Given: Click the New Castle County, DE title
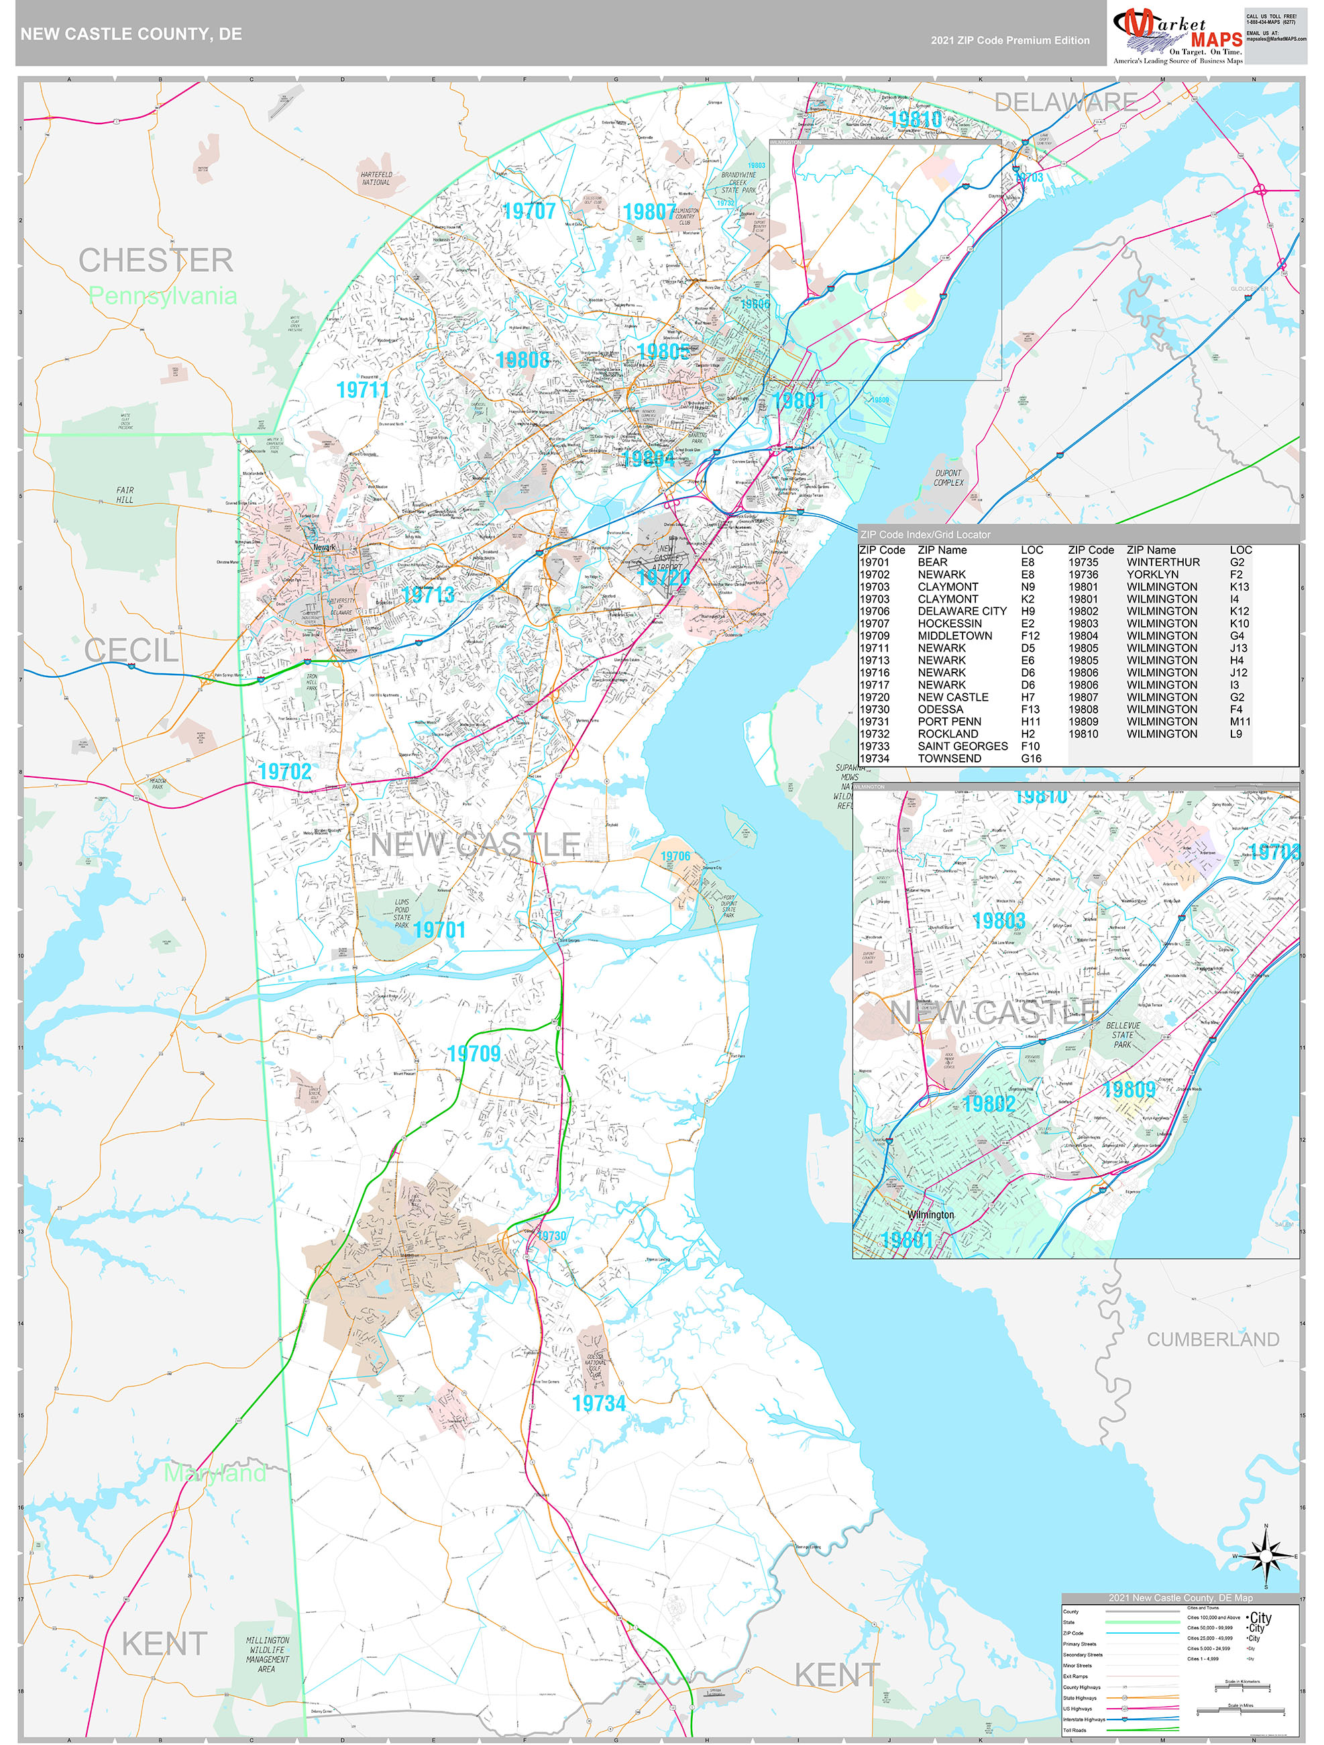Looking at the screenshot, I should pyautogui.click(x=131, y=35).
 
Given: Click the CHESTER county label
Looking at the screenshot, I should pyautogui.click(x=156, y=261).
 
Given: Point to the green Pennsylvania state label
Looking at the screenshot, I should pyautogui.click(x=162, y=296).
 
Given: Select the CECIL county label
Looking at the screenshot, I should pyautogui.click(x=131, y=651).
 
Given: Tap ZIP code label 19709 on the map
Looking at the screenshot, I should pyautogui.click(x=474, y=1053).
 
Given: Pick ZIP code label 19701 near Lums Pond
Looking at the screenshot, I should pyautogui.click(x=439, y=930).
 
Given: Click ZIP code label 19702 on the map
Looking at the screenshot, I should pyautogui.click(x=284, y=772).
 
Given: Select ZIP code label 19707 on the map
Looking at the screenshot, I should pyautogui.click(x=529, y=211).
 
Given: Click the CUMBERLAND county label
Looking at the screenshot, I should pyautogui.click(x=1212, y=1340).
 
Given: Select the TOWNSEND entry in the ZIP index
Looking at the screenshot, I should pyautogui.click(x=950, y=758).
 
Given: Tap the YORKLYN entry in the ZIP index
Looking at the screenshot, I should pyautogui.click(x=1152, y=575).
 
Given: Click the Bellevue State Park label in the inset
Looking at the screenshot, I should pyautogui.click(x=1123, y=1034).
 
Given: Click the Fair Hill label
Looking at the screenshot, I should pyautogui.click(x=125, y=495).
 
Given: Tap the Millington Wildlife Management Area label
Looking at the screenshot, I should pyautogui.click(x=268, y=1654).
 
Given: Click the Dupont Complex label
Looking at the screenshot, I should pyautogui.click(x=948, y=477).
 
